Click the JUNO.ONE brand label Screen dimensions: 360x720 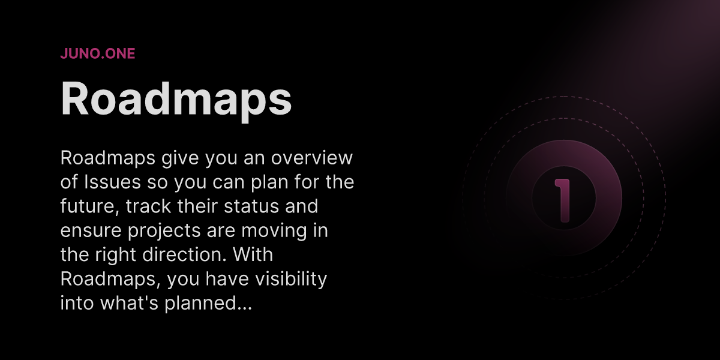(x=97, y=53)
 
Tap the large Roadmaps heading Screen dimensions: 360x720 (x=176, y=99)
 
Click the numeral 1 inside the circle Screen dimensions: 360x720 (x=562, y=200)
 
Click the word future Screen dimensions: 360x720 (x=83, y=206)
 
